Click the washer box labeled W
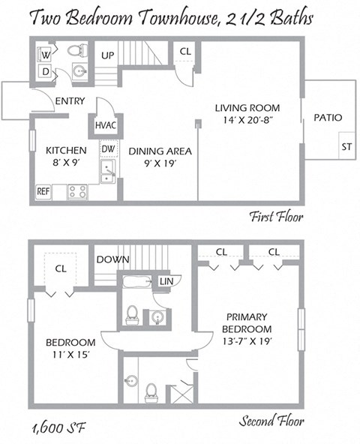tap(45, 54)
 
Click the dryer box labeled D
tap(45, 72)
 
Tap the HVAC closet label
tap(105, 125)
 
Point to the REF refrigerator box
tap(43, 192)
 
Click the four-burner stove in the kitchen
tap(77, 191)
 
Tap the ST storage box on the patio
tap(346, 146)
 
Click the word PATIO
tap(328, 118)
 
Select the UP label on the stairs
tap(108, 56)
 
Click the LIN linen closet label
tap(166, 281)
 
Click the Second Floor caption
tap(270, 421)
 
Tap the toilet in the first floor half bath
tap(76, 52)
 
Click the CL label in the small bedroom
tap(61, 267)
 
